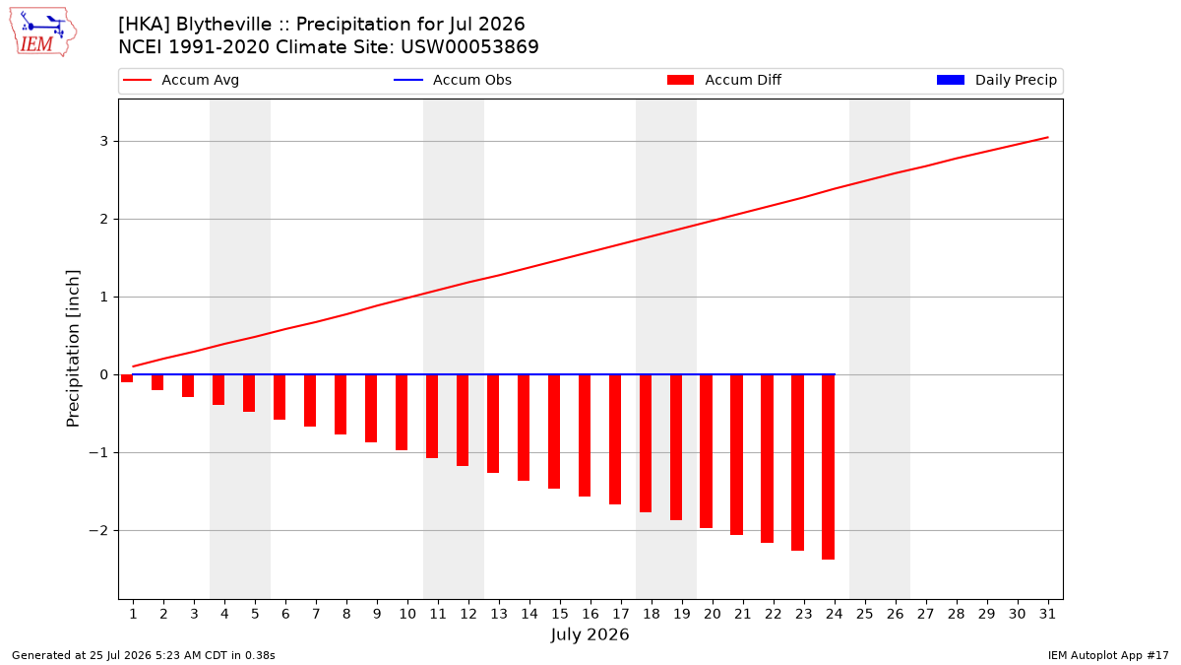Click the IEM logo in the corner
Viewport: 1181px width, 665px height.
[x=43, y=33]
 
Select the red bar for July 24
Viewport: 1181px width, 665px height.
[x=829, y=467]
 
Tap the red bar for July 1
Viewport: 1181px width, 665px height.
[x=127, y=378]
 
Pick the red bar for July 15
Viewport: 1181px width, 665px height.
[x=554, y=432]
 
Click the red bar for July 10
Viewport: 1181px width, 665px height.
[x=402, y=412]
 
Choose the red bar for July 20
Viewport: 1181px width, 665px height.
[x=706, y=451]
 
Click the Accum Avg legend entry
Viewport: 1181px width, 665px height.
[x=181, y=80]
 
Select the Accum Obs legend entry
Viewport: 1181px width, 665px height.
[x=453, y=80]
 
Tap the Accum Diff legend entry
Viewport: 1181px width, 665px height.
[x=724, y=80]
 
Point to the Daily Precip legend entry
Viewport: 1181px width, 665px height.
[x=997, y=80]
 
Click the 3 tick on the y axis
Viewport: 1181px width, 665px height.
[x=104, y=142]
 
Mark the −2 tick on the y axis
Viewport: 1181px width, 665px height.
[x=98, y=530]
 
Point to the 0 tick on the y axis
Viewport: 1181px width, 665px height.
[x=104, y=374]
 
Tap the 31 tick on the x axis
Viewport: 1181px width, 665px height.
[x=1047, y=614]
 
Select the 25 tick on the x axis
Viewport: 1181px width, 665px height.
[x=865, y=614]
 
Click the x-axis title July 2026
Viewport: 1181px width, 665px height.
[x=590, y=634]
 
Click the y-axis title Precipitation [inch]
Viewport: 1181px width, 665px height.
[x=73, y=349]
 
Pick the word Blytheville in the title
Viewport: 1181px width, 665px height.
[x=224, y=25]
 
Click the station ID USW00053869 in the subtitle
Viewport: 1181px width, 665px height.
[x=469, y=47]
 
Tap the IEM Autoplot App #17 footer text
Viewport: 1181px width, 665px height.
[x=1108, y=655]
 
